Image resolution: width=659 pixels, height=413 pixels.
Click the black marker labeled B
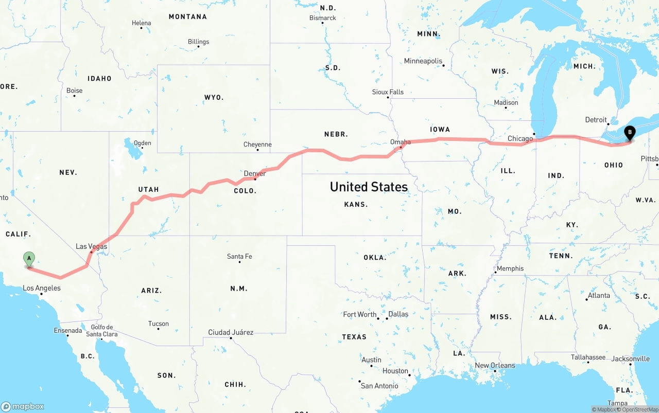click(630, 133)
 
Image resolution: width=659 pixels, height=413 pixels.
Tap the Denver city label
click(255, 173)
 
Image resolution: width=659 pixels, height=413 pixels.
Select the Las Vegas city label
click(92, 246)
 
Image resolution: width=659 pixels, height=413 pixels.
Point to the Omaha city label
click(401, 142)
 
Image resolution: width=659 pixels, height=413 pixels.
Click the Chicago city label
click(520, 138)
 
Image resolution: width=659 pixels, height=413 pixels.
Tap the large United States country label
click(369, 187)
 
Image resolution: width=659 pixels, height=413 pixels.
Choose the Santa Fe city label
click(239, 256)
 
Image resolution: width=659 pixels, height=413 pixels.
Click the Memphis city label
click(510, 268)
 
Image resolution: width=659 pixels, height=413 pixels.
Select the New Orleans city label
click(495, 365)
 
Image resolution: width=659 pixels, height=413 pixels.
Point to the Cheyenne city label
click(257, 145)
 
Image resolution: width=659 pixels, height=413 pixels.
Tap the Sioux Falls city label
click(388, 92)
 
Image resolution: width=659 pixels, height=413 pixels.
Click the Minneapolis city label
click(423, 61)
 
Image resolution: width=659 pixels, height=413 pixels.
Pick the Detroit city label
click(596, 119)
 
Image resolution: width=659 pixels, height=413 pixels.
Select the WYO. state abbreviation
click(214, 97)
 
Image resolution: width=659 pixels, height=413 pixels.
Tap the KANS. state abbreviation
click(356, 204)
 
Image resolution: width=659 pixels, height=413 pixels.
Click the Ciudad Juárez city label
click(231, 332)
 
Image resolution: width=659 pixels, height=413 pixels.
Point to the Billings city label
click(198, 42)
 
